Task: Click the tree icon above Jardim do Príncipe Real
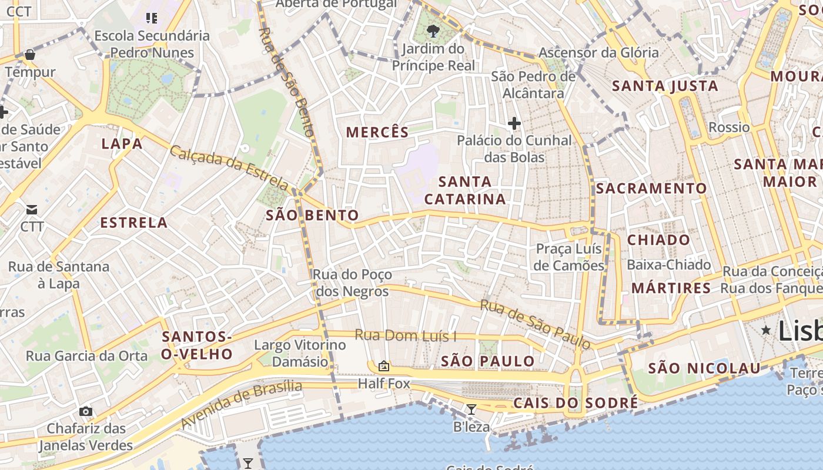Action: pyautogui.click(x=433, y=31)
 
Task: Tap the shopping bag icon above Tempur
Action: pyautogui.click(x=30, y=55)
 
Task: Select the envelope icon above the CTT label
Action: pyautogui.click(x=32, y=210)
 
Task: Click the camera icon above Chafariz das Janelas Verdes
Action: pyautogui.click(x=86, y=411)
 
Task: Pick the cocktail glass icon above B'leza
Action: pyautogui.click(x=471, y=409)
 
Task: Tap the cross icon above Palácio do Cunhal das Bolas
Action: pyautogui.click(x=514, y=123)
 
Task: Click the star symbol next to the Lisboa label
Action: pyautogui.click(x=766, y=331)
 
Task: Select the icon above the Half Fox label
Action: pyautogui.click(x=384, y=367)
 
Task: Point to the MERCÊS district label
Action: pyautogui.click(x=377, y=132)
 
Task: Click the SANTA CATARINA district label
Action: pyautogui.click(x=465, y=190)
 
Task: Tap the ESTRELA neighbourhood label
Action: pyautogui.click(x=134, y=223)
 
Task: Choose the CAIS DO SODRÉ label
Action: pyautogui.click(x=576, y=403)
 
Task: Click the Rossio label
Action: pyautogui.click(x=729, y=127)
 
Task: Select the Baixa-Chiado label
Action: pyautogui.click(x=669, y=265)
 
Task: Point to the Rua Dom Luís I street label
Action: pyautogui.click(x=406, y=336)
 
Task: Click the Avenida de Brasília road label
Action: pyautogui.click(x=241, y=404)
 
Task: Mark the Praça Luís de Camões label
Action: pyautogui.click(x=570, y=257)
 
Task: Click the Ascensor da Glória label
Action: pyautogui.click(x=598, y=53)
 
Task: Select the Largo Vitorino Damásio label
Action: pyautogui.click(x=299, y=353)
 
